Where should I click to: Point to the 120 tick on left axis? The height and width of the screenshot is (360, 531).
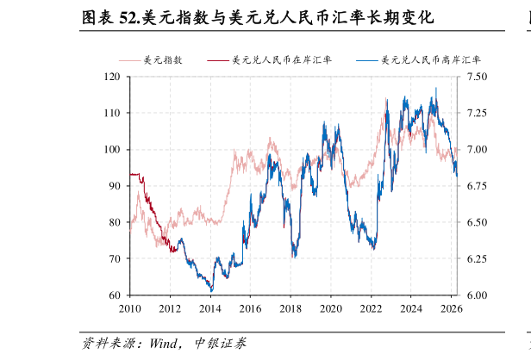click(x=112, y=77)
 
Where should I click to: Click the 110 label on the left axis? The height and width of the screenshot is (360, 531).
click(x=112, y=113)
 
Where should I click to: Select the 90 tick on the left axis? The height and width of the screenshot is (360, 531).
click(x=115, y=186)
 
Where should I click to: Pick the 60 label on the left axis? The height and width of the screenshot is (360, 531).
click(x=115, y=295)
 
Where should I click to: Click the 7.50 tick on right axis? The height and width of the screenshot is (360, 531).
click(x=477, y=77)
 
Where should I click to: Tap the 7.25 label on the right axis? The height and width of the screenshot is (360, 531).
click(x=477, y=113)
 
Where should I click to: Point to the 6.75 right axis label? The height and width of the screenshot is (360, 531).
click(x=477, y=186)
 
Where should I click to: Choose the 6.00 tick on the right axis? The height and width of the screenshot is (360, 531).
click(x=477, y=295)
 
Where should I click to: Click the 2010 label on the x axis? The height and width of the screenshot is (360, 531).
click(x=130, y=308)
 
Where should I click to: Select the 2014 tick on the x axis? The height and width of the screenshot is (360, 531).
click(x=210, y=308)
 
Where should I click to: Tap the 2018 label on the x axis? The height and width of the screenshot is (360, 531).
click(x=290, y=308)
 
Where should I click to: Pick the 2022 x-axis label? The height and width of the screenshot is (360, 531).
click(x=371, y=308)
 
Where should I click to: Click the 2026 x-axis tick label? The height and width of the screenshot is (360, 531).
click(x=451, y=308)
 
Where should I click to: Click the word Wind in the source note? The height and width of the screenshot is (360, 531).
click(x=164, y=344)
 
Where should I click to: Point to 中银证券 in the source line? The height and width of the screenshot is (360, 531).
click(x=221, y=344)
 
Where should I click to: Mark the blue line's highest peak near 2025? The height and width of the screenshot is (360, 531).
click(x=436, y=88)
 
